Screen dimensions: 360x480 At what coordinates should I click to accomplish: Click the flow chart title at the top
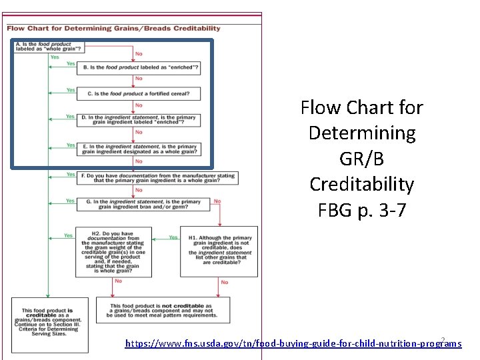tap(113, 29)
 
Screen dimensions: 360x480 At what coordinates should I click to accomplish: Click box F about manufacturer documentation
tap(157, 177)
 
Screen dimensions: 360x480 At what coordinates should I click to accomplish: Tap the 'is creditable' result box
tap(50, 324)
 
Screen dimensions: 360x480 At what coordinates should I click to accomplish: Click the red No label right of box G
tap(217, 201)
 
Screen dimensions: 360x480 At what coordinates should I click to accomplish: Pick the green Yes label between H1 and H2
tap(173, 237)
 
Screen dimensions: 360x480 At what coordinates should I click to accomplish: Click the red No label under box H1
tap(224, 282)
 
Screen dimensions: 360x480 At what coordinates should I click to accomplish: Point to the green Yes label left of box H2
tap(67, 235)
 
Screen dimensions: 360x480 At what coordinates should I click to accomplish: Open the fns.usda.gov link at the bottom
tap(293, 343)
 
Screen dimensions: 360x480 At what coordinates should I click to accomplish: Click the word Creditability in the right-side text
tap(361, 184)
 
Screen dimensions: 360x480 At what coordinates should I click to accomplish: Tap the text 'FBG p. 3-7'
tap(361, 209)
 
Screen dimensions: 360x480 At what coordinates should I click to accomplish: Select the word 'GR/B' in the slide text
tap(361, 159)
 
